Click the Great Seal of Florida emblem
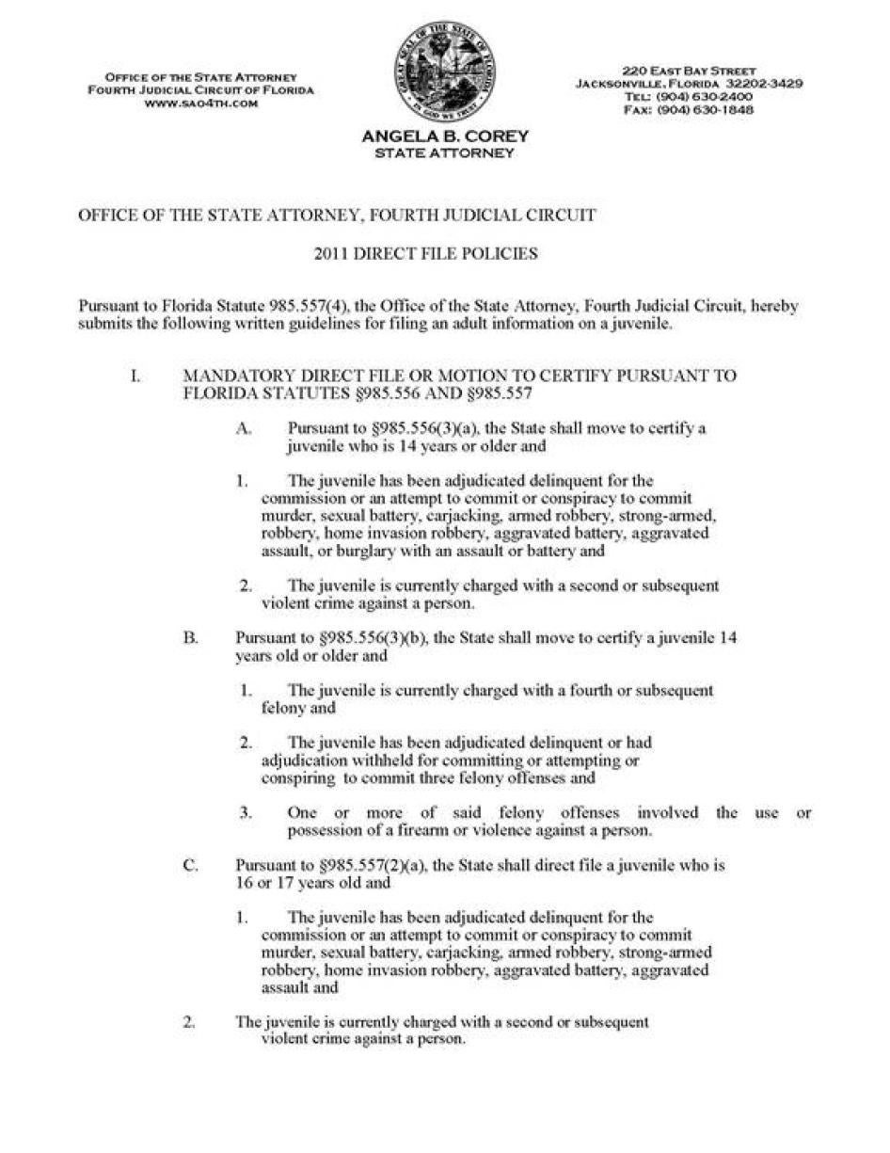pos(445,72)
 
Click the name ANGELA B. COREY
pos(445,136)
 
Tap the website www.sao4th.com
pos(200,103)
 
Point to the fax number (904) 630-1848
pos(704,110)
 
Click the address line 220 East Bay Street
pos(689,71)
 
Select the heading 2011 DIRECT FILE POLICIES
pos(425,253)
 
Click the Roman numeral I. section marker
pos(135,376)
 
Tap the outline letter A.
pos(244,428)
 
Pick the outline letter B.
pos(190,637)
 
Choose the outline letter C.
pos(190,865)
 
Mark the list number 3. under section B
pos(245,812)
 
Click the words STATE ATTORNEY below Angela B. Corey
pos(445,152)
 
